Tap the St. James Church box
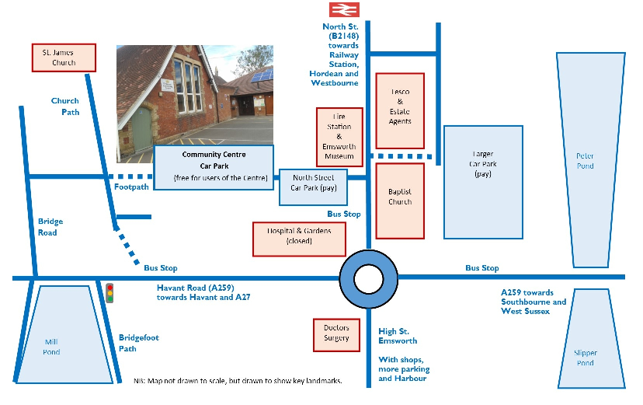tap(64, 58)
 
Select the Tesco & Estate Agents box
tap(400, 110)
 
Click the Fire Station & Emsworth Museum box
tap(339, 137)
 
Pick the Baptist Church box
tap(400, 201)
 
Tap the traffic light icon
tap(109, 293)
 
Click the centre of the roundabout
tap(369, 278)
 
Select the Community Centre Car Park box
tap(214, 166)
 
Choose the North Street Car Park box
tap(313, 187)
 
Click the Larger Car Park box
tap(482, 182)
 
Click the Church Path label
tap(65, 106)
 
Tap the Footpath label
tap(131, 187)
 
